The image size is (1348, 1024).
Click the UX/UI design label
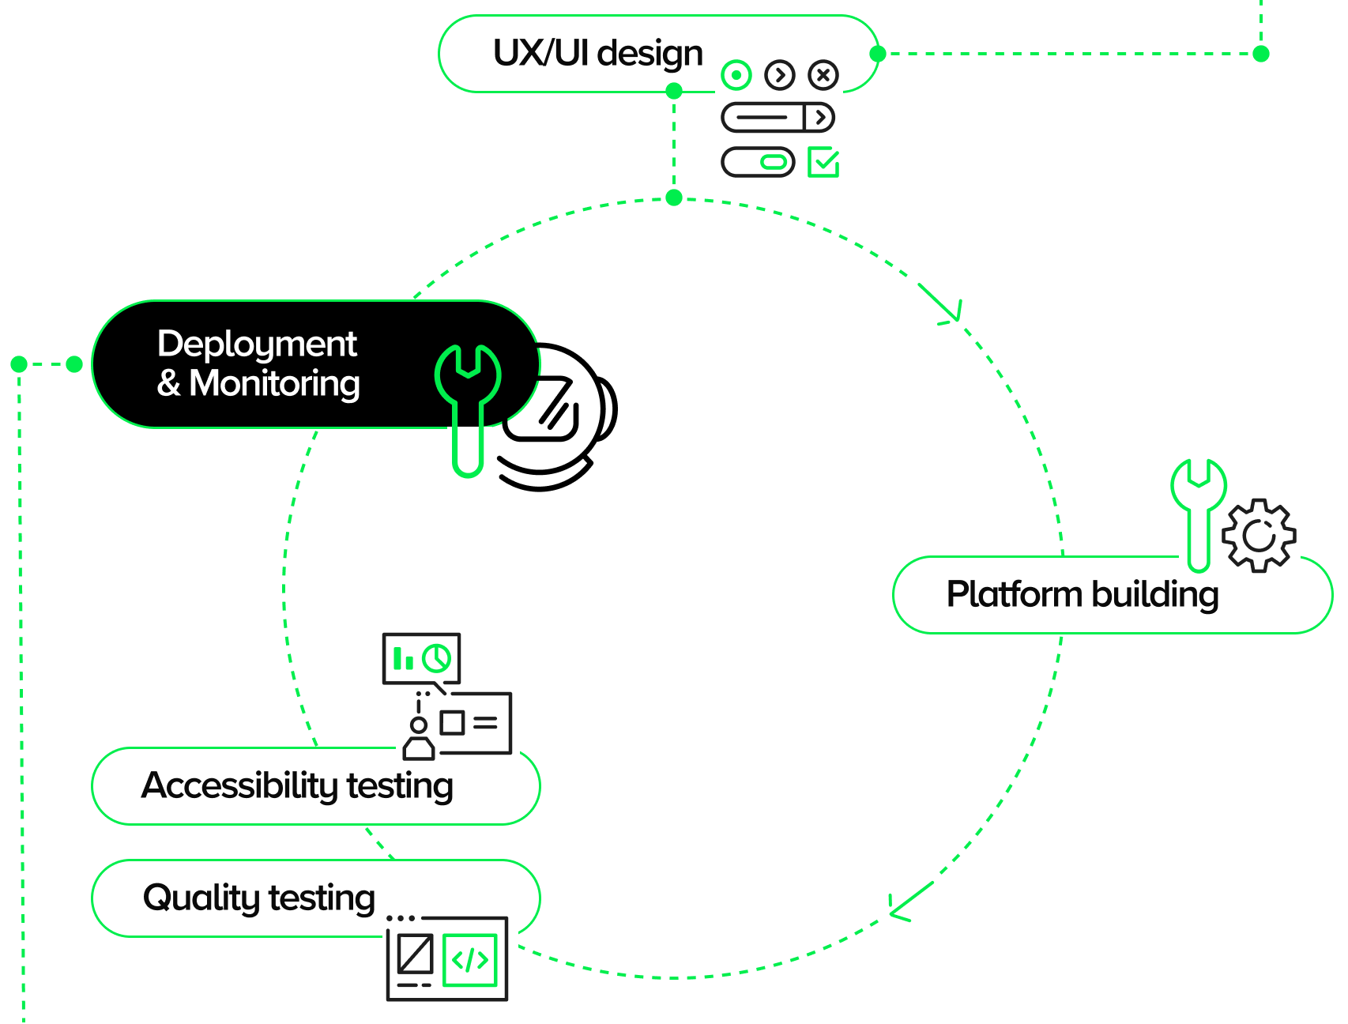[x=597, y=54]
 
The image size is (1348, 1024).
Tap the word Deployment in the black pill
[x=257, y=344]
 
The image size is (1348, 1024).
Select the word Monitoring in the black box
[x=274, y=384]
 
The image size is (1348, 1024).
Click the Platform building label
[x=1083, y=595]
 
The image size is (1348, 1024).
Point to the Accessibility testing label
[x=297, y=786]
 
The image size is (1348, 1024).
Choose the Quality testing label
[x=259, y=898]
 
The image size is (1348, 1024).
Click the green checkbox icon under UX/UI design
[x=823, y=162]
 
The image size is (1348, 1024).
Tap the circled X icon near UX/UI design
[x=823, y=75]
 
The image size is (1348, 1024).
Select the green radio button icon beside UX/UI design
[x=736, y=75]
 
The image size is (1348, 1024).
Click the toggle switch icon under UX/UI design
[x=758, y=162]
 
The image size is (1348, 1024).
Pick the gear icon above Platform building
[x=1259, y=535]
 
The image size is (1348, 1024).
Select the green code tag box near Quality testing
[x=470, y=960]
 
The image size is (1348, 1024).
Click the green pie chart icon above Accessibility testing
[x=436, y=657]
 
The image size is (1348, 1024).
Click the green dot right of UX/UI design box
[x=877, y=54]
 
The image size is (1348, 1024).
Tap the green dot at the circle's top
[x=674, y=198]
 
